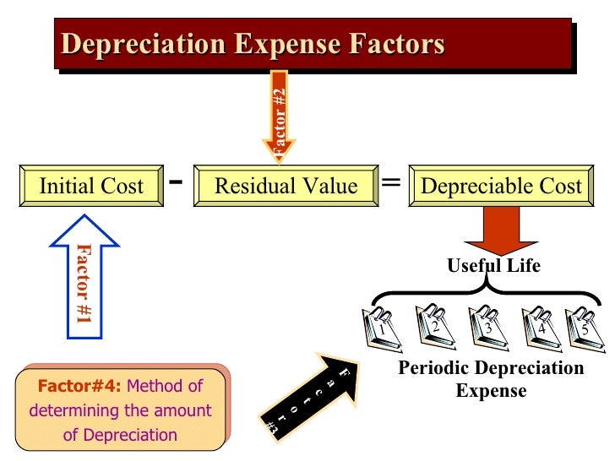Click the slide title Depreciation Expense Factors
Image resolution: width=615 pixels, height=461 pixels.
click(x=253, y=44)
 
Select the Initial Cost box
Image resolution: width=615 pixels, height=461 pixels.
click(x=91, y=186)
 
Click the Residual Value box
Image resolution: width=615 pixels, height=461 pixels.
click(x=286, y=186)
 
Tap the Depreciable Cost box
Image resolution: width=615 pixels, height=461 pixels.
click(x=501, y=186)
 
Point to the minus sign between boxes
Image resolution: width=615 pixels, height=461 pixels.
click(x=177, y=182)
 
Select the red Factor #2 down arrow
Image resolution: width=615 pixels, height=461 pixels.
click(x=280, y=118)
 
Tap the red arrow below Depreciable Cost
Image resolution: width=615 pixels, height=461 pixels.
click(x=500, y=228)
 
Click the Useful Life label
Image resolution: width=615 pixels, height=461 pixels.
click(x=493, y=266)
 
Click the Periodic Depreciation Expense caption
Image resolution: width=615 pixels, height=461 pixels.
click(x=491, y=379)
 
